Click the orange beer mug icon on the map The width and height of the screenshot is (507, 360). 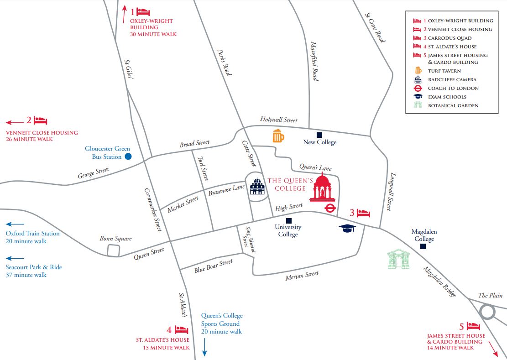(278, 136)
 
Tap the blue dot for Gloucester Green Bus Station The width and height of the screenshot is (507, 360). (128, 157)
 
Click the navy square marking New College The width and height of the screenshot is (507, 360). (319, 135)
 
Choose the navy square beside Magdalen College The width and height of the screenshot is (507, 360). (423, 246)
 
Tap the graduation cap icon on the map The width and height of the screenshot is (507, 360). (347, 228)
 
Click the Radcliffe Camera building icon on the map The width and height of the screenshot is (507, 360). (257, 187)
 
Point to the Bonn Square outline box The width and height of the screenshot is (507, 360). (113, 250)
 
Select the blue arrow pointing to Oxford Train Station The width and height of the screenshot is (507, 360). (15, 224)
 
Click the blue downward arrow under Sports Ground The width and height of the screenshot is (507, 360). (204, 347)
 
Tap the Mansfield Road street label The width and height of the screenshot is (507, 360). (314, 61)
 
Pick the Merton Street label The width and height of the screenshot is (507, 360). (302, 276)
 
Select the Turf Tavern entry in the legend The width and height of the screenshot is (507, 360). (444, 71)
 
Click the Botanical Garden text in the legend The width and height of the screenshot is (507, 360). (446, 105)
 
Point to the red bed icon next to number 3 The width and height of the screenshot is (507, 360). (364, 213)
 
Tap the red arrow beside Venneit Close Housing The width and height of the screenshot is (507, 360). (15, 122)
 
